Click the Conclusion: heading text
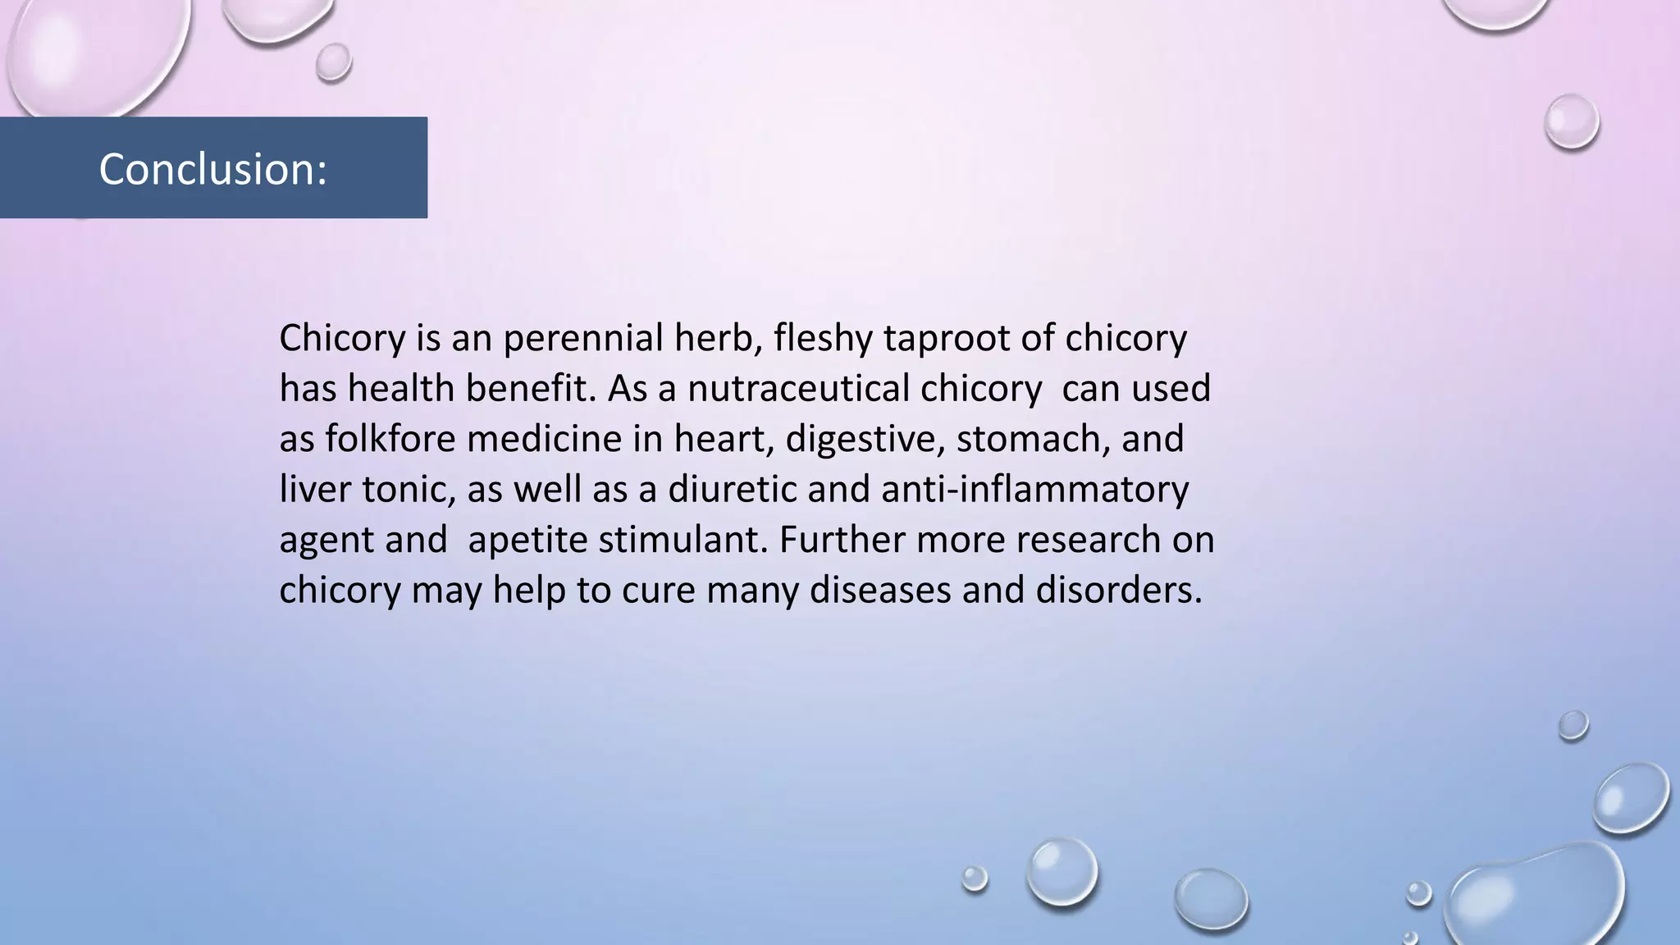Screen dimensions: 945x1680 click(212, 169)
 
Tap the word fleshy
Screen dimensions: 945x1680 click(822, 338)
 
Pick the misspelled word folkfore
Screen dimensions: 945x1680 click(390, 439)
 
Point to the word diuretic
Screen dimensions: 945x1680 click(732, 490)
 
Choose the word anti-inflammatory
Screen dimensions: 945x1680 click(1034, 490)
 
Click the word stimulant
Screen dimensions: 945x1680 click(682, 540)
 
